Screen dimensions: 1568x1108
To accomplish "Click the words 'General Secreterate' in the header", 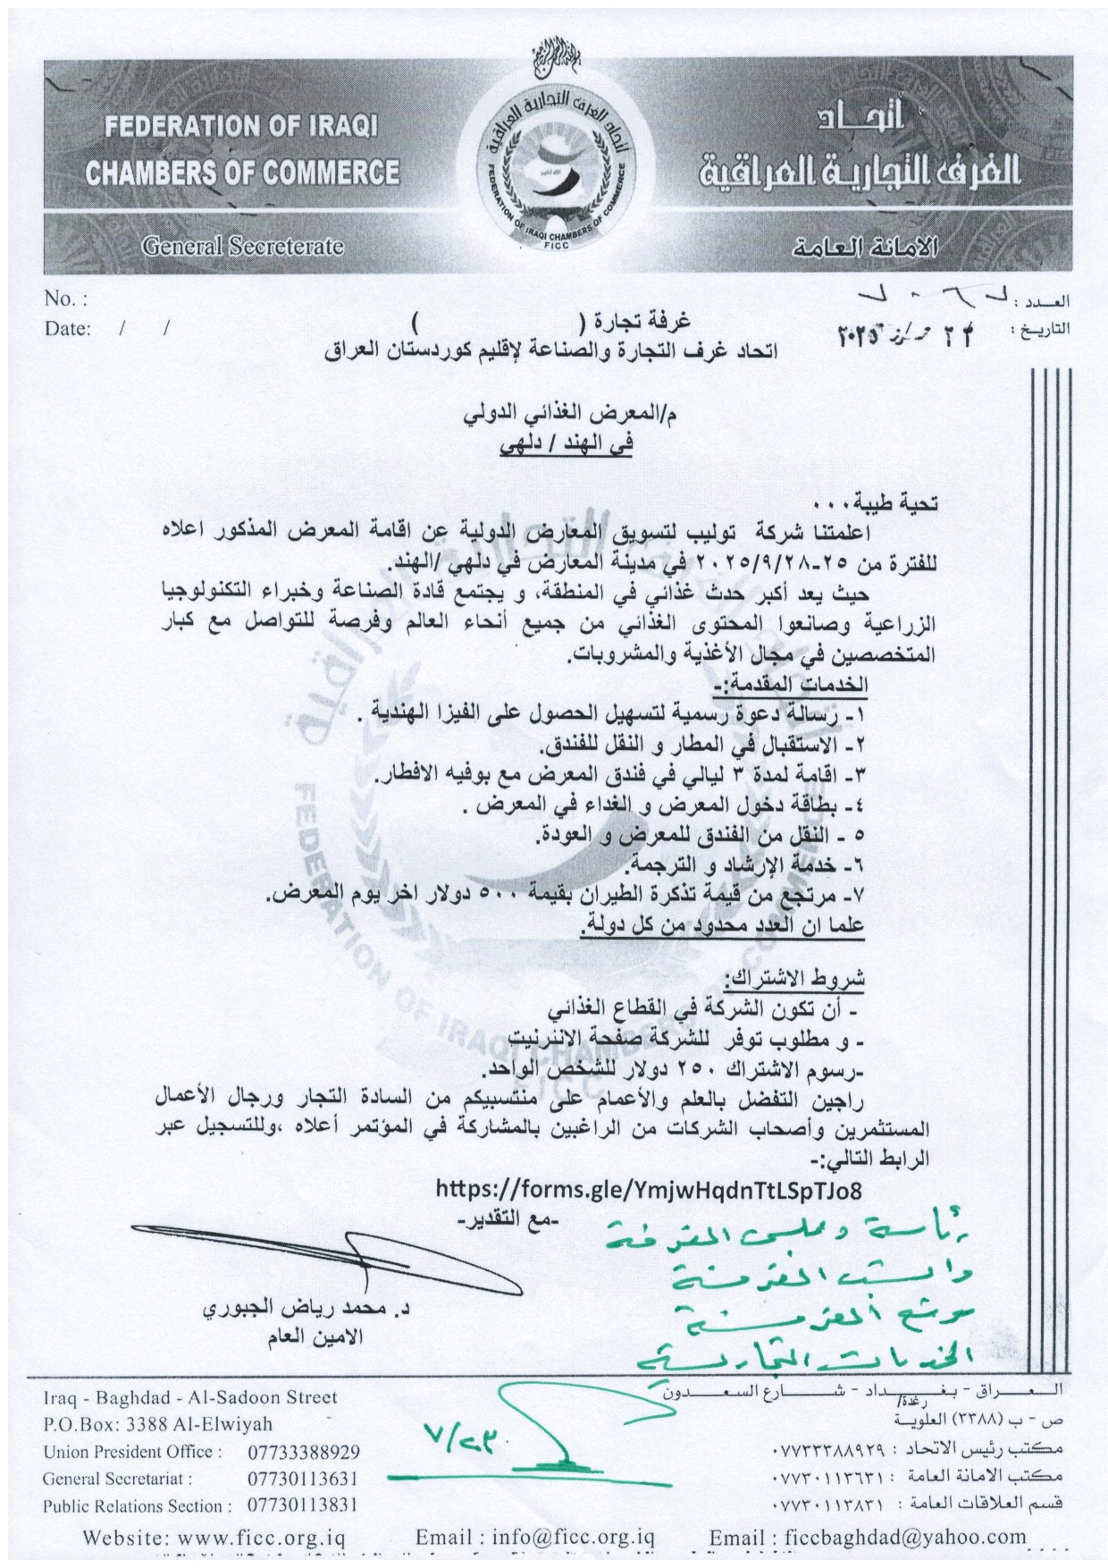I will coord(242,246).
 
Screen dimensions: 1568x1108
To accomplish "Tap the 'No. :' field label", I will coord(65,299).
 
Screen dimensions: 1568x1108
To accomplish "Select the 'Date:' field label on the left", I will coord(68,329).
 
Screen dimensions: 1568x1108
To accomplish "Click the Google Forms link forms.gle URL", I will coord(649,1190).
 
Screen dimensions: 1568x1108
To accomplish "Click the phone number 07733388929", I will coord(304,1453).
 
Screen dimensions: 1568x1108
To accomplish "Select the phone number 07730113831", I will coord(303,1506).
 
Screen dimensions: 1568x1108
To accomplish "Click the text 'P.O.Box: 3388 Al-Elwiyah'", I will coord(158,1425).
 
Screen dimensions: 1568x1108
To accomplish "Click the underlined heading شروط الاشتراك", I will coord(794,977).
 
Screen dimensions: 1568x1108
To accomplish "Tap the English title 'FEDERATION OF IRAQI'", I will coord(241,126).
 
